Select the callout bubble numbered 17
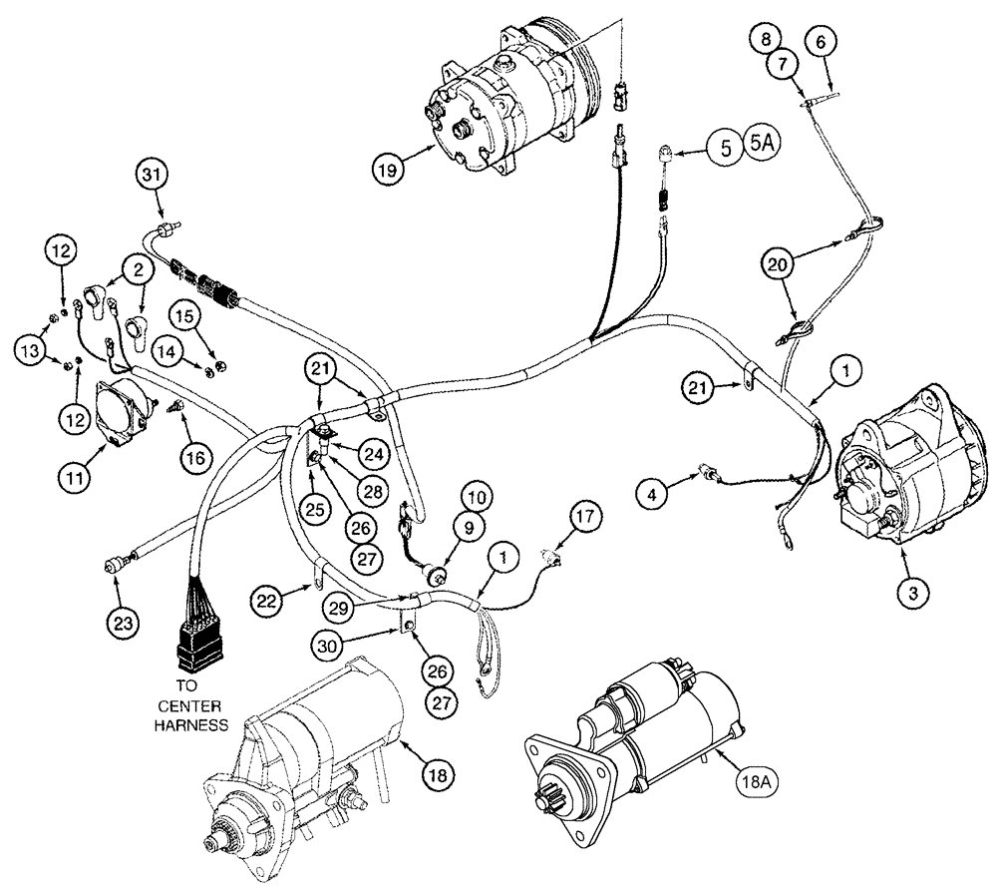585,517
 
